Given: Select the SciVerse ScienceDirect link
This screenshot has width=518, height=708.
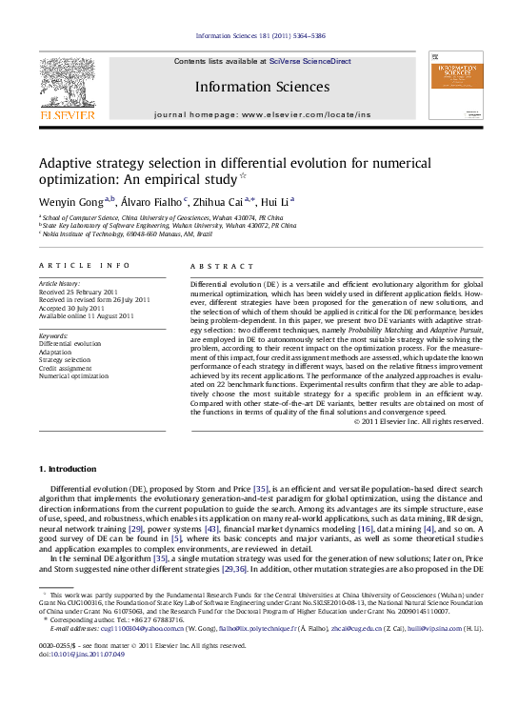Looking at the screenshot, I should (310, 61).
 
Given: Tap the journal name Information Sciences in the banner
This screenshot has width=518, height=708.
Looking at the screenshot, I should (262, 87).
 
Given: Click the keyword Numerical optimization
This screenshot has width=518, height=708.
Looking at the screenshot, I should (73, 376).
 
